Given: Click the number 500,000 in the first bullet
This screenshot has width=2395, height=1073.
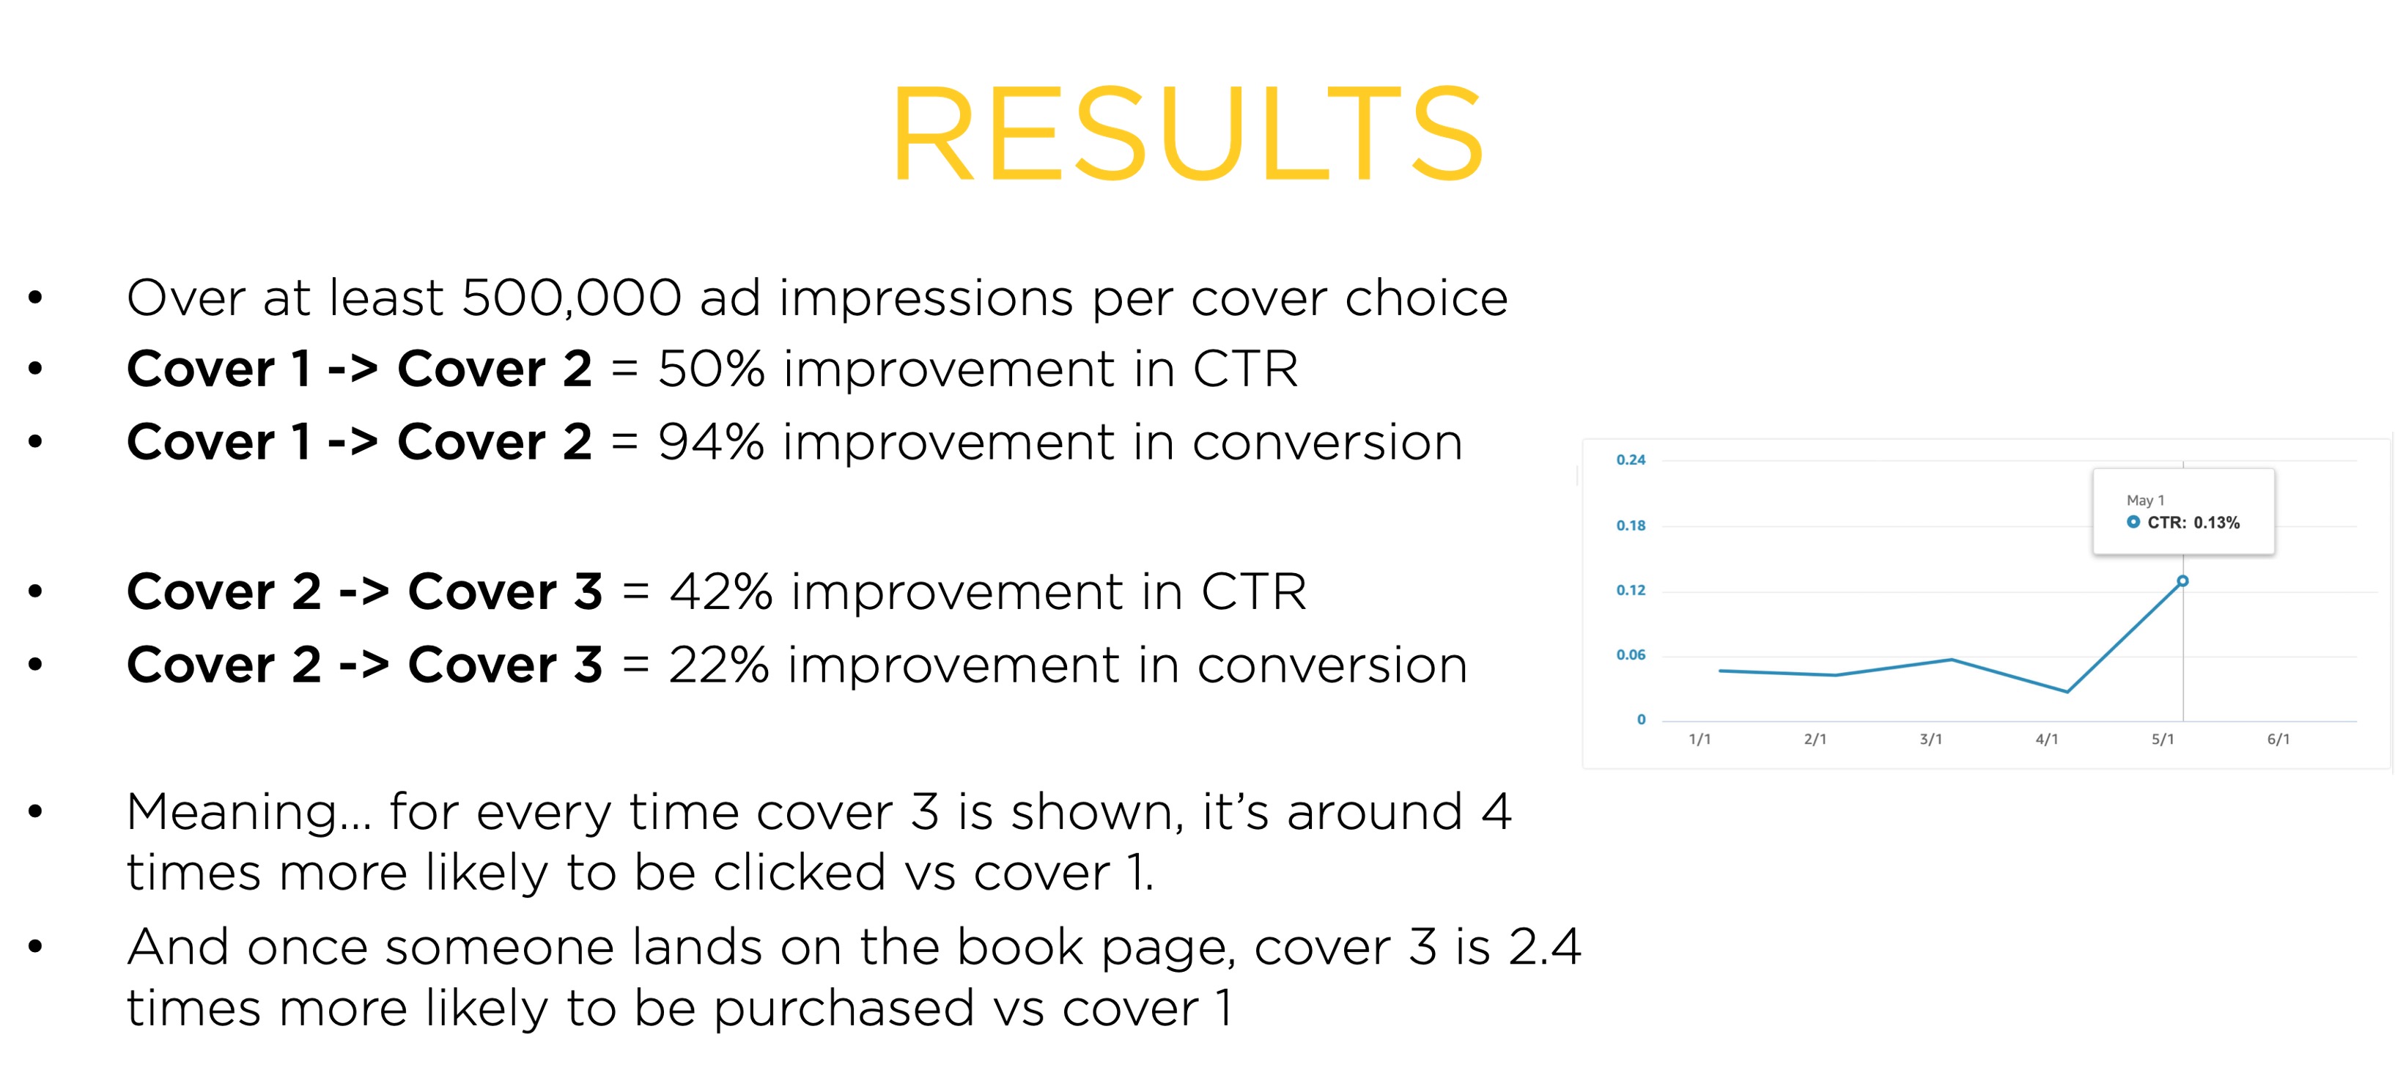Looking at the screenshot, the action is pyautogui.click(x=572, y=298).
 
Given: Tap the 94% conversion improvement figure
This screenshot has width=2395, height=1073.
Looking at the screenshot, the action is pyautogui.click(x=712, y=442).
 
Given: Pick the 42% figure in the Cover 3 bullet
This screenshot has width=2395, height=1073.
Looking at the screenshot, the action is pyautogui.click(x=720, y=591).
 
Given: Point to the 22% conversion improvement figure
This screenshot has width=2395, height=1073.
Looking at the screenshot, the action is pyautogui.click(x=719, y=665).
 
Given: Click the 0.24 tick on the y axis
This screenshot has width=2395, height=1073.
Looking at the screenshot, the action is pyautogui.click(x=1631, y=460).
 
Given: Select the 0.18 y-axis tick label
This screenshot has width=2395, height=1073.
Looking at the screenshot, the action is pyautogui.click(x=1631, y=526).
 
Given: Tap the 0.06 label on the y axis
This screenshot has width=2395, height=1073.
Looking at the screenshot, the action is pyautogui.click(x=1631, y=655).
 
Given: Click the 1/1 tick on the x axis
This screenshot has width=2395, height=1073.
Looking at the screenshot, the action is pyautogui.click(x=1700, y=740).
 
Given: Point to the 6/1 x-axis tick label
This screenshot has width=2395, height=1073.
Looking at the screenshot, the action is pyautogui.click(x=2278, y=740).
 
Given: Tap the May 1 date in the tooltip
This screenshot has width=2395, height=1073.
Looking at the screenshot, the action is pyautogui.click(x=2146, y=501).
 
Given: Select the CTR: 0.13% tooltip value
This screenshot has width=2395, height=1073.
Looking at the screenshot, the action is pyautogui.click(x=2193, y=523).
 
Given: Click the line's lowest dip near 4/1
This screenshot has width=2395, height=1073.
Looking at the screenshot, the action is pyautogui.click(x=2067, y=692).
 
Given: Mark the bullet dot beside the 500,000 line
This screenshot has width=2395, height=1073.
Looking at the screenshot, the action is pyautogui.click(x=35, y=298).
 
